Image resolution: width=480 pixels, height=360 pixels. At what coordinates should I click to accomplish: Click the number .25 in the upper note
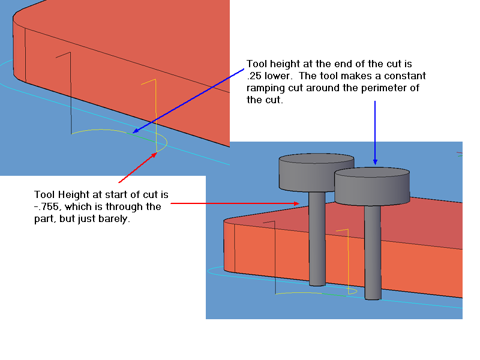pyautogui.click(x=254, y=76)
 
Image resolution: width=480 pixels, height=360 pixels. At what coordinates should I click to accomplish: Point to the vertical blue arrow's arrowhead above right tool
pyautogui.click(x=375, y=162)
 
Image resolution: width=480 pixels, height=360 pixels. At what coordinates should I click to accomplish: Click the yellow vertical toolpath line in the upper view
pyautogui.click(x=155, y=111)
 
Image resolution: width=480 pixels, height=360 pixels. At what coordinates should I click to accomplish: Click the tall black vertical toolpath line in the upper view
pyautogui.click(x=71, y=93)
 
